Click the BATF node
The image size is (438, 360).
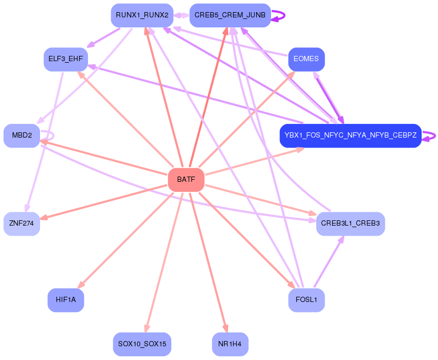(186, 180)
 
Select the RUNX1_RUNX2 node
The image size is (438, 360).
(142, 15)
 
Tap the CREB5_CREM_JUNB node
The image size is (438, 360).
(230, 15)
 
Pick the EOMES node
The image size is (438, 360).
(306, 59)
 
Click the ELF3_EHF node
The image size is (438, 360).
(65, 59)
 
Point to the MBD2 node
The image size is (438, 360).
(22, 136)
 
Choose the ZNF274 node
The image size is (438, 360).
(22, 223)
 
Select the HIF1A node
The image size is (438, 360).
(65, 300)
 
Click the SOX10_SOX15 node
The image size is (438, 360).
(142, 344)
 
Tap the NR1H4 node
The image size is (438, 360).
(230, 344)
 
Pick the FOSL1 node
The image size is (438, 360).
(306, 300)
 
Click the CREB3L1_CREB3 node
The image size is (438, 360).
(351, 223)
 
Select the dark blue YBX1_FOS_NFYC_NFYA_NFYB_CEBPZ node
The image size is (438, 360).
(351, 136)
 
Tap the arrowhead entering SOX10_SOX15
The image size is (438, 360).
(145, 328)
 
